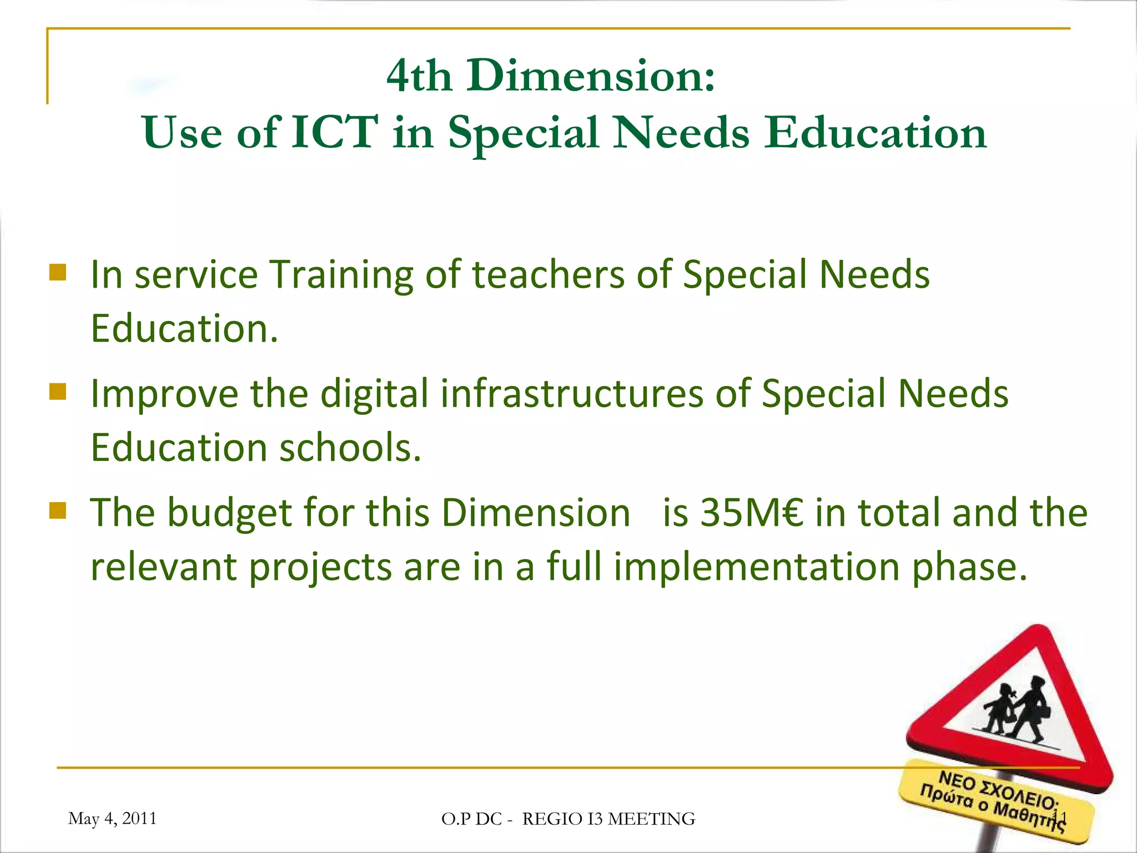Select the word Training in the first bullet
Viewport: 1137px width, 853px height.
[x=341, y=275]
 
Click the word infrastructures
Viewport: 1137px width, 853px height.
[x=572, y=394]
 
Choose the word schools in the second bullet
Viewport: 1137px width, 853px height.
[x=350, y=447]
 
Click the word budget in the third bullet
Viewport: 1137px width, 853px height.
[x=229, y=513]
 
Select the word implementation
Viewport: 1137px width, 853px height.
[x=757, y=567]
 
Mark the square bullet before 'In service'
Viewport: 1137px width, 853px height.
[x=58, y=273]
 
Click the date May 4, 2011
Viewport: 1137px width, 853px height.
[x=112, y=818]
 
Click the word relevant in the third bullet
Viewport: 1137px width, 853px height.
[x=163, y=567]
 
